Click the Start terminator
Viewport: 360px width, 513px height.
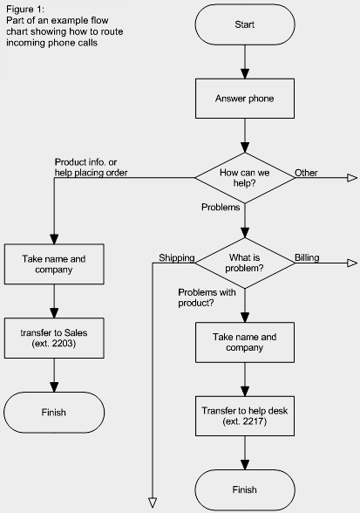click(245, 24)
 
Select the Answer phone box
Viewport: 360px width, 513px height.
click(245, 99)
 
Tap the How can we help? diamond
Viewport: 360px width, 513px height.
click(245, 178)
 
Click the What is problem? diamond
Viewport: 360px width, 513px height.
click(245, 263)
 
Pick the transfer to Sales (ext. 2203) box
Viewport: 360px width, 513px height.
click(54, 338)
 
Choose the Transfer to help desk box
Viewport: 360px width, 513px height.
click(245, 416)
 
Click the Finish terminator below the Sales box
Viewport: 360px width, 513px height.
click(54, 412)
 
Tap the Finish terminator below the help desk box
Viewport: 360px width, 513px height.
click(245, 489)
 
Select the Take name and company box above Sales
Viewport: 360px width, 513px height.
click(54, 264)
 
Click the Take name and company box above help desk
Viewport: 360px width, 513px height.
click(245, 342)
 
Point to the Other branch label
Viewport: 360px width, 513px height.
click(306, 173)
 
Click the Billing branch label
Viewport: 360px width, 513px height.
click(307, 258)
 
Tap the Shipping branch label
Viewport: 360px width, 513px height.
click(177, 258)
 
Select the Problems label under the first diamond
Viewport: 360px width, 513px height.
click(221, 207)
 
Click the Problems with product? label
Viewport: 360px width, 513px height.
click(207, 298)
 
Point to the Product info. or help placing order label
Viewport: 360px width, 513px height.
click(91, 168)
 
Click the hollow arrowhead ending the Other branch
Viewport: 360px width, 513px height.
click(352, 178)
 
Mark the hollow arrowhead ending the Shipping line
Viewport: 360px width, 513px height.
click(153, 503)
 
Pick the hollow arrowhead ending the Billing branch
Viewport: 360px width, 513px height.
click(352, 263)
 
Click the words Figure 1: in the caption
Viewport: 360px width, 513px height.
click(25, 9)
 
